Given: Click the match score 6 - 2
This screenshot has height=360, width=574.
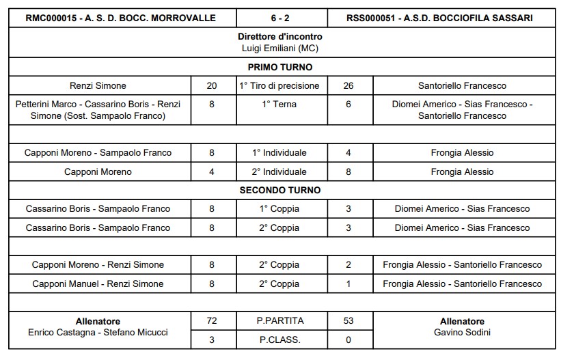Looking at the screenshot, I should click(x=282, y=18).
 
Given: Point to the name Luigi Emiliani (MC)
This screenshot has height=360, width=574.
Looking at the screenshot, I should click(x=280, y=48).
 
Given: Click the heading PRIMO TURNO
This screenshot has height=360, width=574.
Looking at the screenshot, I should click(x=280, y=67).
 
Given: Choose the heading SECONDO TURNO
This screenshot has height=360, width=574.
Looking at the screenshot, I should click(x=280, y=190).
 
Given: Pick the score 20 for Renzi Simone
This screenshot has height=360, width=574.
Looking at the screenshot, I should click(x=212, y=86).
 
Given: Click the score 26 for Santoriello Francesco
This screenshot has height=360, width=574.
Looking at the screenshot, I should click(x=348, y=86).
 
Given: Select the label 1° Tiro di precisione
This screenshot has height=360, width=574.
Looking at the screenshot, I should click(x=280, y=86).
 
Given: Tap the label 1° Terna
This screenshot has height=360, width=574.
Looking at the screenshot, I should click(x=280, y=105).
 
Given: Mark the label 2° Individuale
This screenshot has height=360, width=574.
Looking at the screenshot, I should click(x=280, y=171).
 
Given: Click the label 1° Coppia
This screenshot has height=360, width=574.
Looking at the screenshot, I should click(x=280, y=208).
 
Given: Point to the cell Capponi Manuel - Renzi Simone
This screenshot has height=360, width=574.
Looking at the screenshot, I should click(x=98, y=283).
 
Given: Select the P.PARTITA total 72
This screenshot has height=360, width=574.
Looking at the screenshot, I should click(x=212, y=320).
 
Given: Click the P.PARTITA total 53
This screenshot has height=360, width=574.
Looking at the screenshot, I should click(x=348, y=320).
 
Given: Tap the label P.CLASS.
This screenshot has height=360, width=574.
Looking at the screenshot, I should click(x=280, y=339).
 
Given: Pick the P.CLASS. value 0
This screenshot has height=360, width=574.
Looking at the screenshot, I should click(x=348, y=339).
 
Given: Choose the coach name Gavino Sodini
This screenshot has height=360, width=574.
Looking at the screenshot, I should click(x=463, y=332).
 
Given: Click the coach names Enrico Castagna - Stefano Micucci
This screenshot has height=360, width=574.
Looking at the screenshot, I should click(x=98, y=332).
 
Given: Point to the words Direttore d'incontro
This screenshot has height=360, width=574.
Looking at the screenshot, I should click(x=280, y=36).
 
